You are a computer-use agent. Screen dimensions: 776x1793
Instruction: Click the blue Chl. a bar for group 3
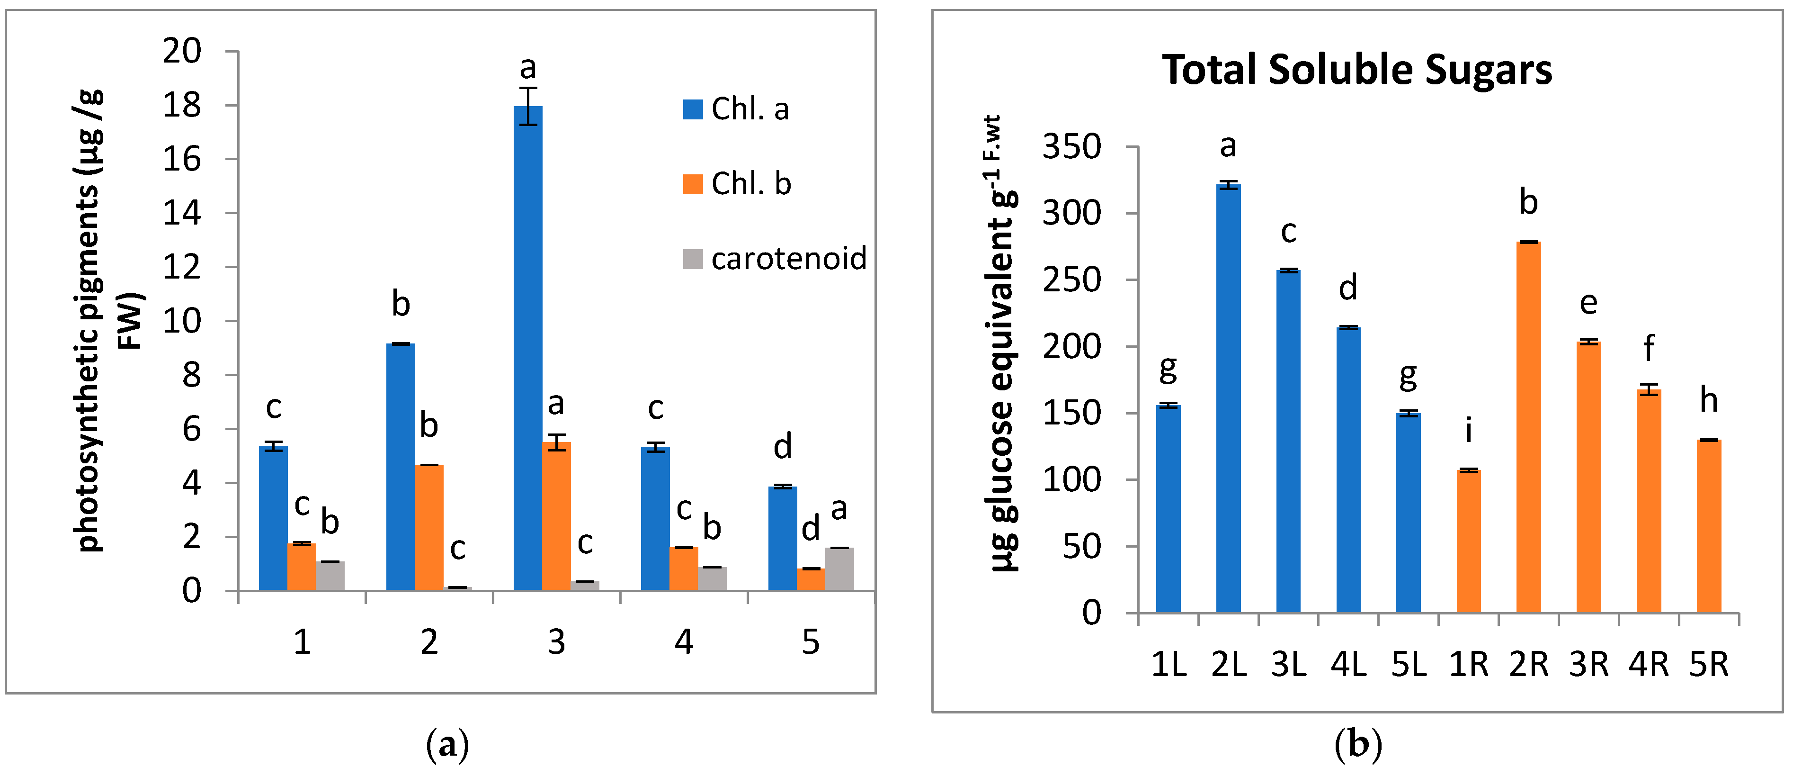pos(527,348)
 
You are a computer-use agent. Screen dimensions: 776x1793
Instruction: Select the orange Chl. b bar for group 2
pos(429,527)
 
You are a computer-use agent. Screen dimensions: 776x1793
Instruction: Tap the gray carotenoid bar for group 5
pos(839,569)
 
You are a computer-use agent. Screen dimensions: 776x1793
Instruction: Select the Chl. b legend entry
pos(738,184)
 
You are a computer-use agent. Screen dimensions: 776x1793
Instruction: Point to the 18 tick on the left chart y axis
pos(182,105)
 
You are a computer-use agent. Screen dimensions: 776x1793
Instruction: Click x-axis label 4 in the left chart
pos(684,641)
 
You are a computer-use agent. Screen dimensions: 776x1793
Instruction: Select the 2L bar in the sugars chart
pos(1229,398)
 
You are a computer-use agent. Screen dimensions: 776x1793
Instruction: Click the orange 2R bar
pos(1528,427)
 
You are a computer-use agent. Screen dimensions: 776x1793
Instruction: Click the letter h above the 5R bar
pos(1709,400)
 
